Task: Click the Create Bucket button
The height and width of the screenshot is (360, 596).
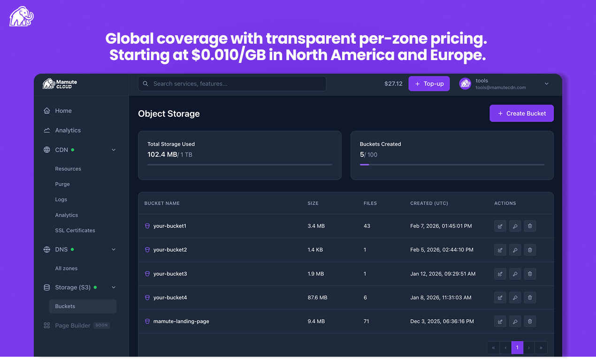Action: [521, 114]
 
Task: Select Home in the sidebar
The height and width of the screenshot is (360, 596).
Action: [63, 111]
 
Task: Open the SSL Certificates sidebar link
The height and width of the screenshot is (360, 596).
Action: [75, 230]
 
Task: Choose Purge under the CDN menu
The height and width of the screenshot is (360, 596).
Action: [62, 184]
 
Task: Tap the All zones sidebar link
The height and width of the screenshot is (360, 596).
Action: [66, 268]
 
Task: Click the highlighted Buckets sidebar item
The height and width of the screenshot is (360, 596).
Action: [65, 306]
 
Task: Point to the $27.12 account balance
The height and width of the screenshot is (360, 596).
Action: [393, 84]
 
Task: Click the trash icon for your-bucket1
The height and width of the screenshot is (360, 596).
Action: [530, 226]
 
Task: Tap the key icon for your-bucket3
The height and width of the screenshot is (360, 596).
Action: [515, 274]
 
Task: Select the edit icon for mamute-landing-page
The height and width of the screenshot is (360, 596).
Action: [500, 322]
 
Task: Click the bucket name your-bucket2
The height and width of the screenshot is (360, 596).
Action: [170, 250]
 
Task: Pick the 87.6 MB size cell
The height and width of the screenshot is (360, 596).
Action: [317, 298]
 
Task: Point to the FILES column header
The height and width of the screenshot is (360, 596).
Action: [370, 203]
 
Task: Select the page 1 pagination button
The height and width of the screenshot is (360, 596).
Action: [517, 348]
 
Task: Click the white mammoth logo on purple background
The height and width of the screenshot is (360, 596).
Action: [21, 17]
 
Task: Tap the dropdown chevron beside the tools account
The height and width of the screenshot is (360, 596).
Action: [546, 84]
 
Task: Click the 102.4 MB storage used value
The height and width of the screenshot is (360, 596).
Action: [162, 154]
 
